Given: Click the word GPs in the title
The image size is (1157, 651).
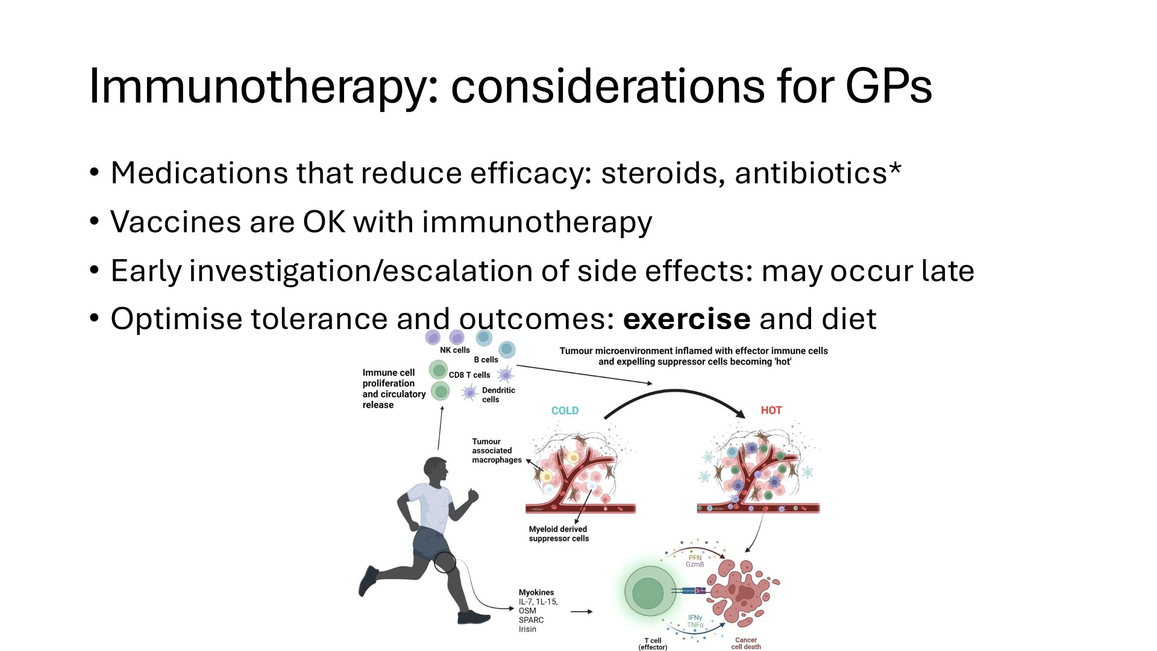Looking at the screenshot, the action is (x=888, y=86).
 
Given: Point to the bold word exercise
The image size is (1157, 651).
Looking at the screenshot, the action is (x=686, y=319).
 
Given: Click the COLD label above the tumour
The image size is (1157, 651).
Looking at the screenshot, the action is (x=565, y=410).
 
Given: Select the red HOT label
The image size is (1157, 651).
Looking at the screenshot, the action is (x=771, y=410).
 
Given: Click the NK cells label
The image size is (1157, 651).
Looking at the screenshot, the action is (x=454, y=350).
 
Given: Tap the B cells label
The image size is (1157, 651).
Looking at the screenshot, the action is (x=486, y=360).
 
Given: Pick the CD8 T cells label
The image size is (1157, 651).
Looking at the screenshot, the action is (x=469, y=375).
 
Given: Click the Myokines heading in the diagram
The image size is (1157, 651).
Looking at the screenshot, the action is (x=536, y=593).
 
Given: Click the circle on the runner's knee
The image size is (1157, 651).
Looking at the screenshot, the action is (x=445, y=562).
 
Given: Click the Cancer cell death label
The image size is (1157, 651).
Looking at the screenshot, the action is (x=746, y=643).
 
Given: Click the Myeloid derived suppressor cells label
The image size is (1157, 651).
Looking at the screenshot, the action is (x=559, y=533).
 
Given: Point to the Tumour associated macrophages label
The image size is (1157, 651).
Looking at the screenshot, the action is (x=497, y=450).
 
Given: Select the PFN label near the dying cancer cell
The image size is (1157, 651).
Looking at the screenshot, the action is (x=695, y=558).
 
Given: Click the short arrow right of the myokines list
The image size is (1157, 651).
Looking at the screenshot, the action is (x=582, y=612).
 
